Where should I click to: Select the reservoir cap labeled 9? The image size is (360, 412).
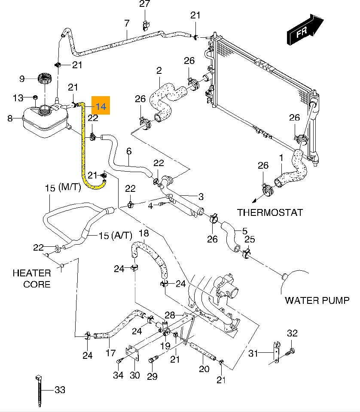(44, 79)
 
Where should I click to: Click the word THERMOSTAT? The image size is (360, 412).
(270, 212)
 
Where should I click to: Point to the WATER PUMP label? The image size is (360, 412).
(317, 300)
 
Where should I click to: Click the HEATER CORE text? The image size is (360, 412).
(31, 279)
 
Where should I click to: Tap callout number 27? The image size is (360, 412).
(145, 5)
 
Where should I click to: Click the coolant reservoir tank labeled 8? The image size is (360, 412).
(43, 121)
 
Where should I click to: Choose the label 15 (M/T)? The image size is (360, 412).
(63, 188)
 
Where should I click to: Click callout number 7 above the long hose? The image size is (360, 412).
(127, 23)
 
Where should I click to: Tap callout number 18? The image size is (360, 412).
(143, 233)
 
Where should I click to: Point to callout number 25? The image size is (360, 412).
(250, 239)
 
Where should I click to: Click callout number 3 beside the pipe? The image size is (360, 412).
(200, 197)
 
